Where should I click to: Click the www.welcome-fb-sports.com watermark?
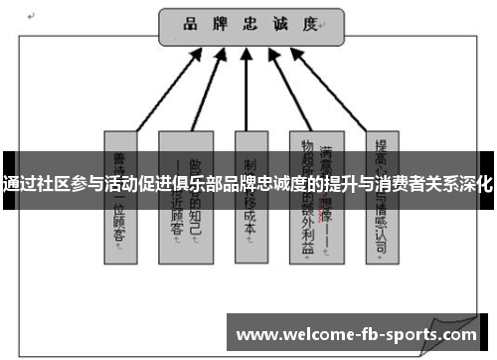pyautogui.click(x=360, y=333)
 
